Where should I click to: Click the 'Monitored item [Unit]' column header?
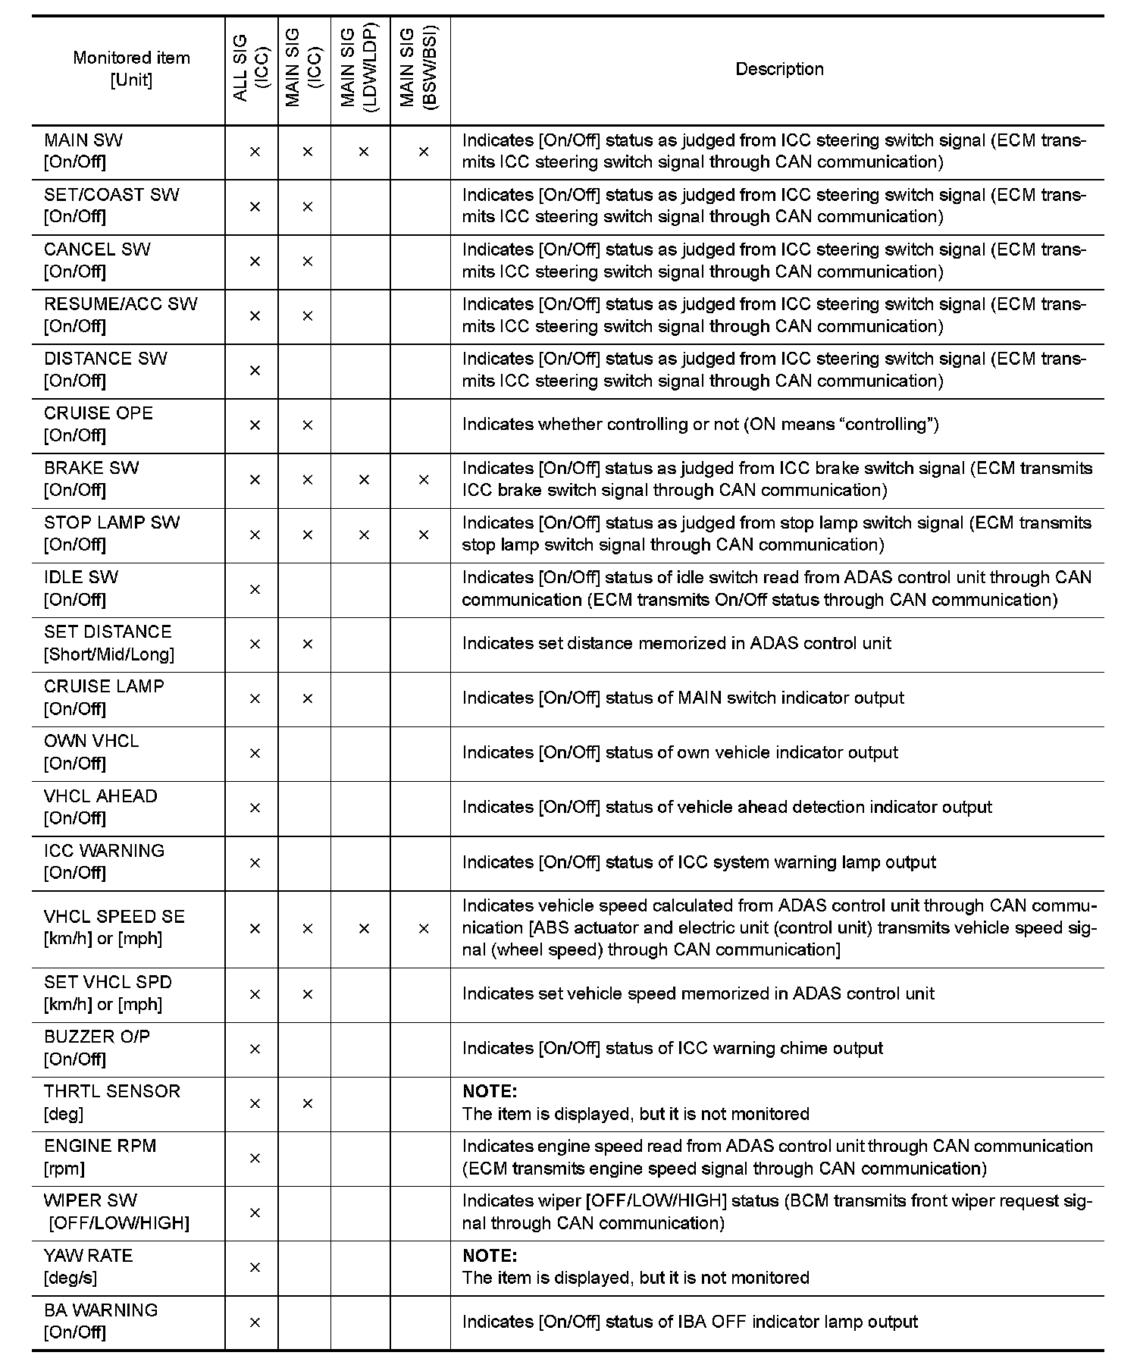coord(131,69)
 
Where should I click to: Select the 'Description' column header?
coord(779,69)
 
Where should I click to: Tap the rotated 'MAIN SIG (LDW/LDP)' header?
coord(359,69)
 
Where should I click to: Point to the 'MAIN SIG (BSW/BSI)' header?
coord(419,69)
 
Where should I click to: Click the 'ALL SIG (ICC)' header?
coord(251,69)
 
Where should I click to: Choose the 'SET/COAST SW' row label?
coord(111,195)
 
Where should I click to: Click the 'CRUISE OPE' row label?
coord(99,413)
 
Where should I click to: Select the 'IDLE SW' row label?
coord(81,577)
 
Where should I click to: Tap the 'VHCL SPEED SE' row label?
coord(114,916)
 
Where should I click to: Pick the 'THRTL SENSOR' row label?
coord(112,1091)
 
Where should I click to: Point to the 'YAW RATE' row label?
coord(89,1255)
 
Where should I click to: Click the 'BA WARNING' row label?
coord(101,1310)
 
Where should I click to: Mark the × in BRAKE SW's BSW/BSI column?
coord(424,479)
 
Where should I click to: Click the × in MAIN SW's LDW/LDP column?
coord(364,152)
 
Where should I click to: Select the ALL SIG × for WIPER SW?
coord(255,1213)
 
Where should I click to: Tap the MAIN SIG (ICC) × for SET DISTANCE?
coord(307,644)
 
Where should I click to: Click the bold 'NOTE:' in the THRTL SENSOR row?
coord(490,1091)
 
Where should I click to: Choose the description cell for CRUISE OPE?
coord(700,425)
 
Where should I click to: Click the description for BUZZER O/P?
coord(672,1048)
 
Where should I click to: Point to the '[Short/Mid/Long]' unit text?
coord(109,654)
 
